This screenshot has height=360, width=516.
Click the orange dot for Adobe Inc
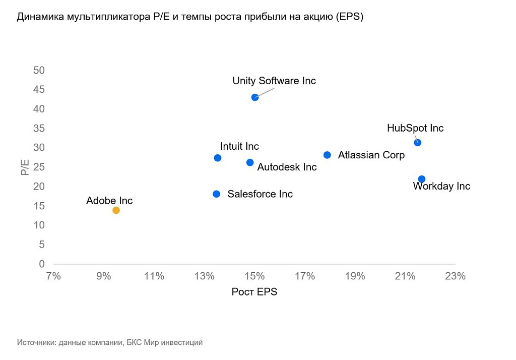pos(116,210)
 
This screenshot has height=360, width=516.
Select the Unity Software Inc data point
pos(255,97)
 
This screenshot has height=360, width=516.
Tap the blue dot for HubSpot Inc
pos(417,143)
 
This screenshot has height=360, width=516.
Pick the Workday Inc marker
pos(422,179)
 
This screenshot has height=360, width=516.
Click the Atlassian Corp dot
pos(327,155)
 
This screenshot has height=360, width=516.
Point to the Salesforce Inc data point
pos(217,194)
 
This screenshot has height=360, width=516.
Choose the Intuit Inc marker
pos(218,158)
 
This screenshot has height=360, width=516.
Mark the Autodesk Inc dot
pos(250,162)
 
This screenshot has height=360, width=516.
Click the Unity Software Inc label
pos(274,81)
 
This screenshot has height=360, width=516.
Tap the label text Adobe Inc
pos(109,201)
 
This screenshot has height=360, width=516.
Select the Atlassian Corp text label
pos(371,155)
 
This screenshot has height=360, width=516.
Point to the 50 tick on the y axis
pos(39,70)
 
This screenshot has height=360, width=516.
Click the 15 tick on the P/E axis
pos(39,206)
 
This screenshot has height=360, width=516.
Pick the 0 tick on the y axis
pos(42,264)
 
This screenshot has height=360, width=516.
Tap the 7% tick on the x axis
pos(53,276)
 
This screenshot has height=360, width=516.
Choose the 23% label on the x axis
pos(455,276)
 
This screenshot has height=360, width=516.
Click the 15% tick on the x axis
pos(254,276)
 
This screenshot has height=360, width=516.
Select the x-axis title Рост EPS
pos(254,292)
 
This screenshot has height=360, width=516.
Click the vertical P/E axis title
pos(24,167)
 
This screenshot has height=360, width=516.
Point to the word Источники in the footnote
pos(36,342)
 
